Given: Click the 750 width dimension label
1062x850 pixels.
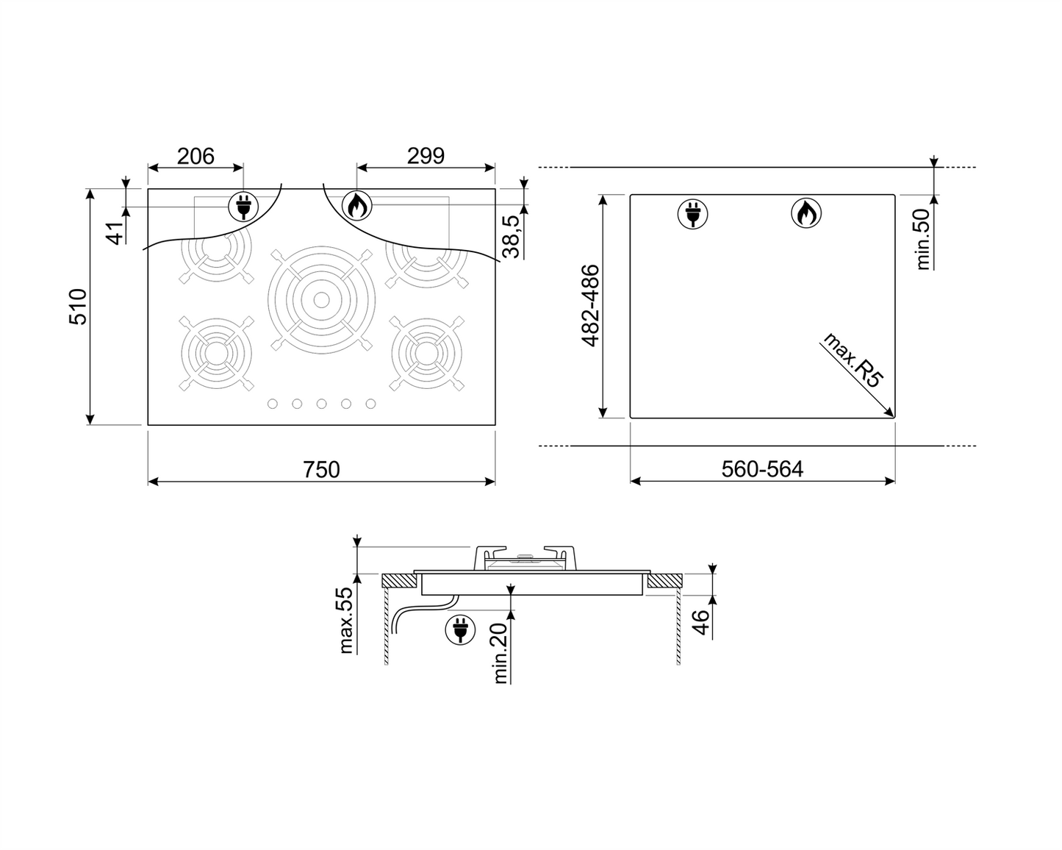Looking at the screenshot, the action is click(321, 470).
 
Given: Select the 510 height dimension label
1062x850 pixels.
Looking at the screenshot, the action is click(78, 307).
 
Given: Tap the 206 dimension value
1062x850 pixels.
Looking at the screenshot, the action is click(196, 157).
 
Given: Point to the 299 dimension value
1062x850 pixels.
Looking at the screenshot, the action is click(426, 156).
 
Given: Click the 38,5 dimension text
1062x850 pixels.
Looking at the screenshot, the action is click(512, 237).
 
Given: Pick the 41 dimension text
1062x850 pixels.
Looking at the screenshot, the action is click(115, 233).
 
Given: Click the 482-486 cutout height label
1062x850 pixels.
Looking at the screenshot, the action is click(590, 306).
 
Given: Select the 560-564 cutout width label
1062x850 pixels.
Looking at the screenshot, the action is click(762, 469).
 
